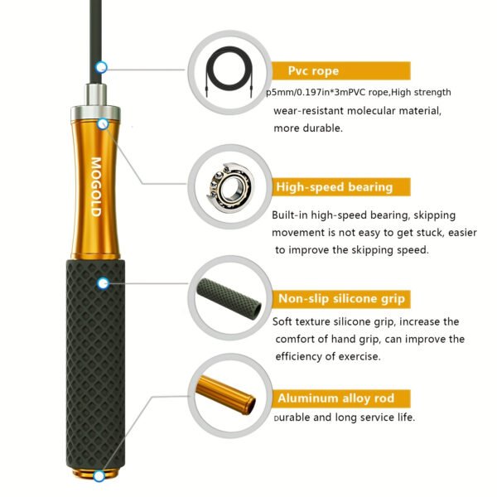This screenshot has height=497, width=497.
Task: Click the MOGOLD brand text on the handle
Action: [x=95, y=187]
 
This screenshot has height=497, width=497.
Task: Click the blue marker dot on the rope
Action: [x=101, y=66]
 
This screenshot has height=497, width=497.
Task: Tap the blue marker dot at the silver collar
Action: [x=102, y=123]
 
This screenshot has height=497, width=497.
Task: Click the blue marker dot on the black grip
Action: [x=103, y=283]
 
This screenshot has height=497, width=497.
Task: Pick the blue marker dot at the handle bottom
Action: [x=99, y=476]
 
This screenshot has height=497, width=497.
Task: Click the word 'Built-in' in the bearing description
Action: [x=293, y=215]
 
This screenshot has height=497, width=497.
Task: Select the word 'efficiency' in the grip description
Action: [x=301, y=357]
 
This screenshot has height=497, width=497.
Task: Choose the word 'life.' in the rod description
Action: [x=403, y=417]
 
